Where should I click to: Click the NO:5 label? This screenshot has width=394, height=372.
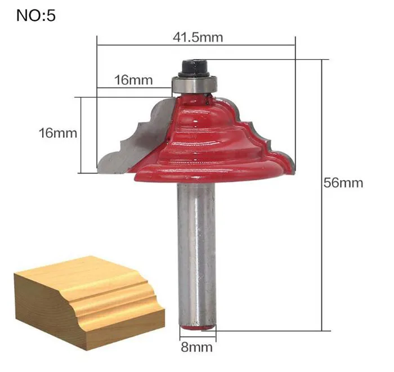[x=35, y=16]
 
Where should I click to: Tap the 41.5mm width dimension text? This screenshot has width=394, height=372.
[x=198, y=38]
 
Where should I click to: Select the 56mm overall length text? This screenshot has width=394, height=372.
[x=343, y=182]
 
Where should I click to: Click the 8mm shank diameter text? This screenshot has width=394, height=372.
[x=197, y=347]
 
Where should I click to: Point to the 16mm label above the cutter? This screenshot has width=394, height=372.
[x=133, y=80]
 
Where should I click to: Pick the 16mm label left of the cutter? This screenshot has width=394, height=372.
[x=58, y=133]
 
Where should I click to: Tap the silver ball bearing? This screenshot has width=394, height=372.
[x=194, y=84]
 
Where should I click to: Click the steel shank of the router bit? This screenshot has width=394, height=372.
[x=196, y=254]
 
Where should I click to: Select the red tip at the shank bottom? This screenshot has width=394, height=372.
[x=197, y=328]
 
